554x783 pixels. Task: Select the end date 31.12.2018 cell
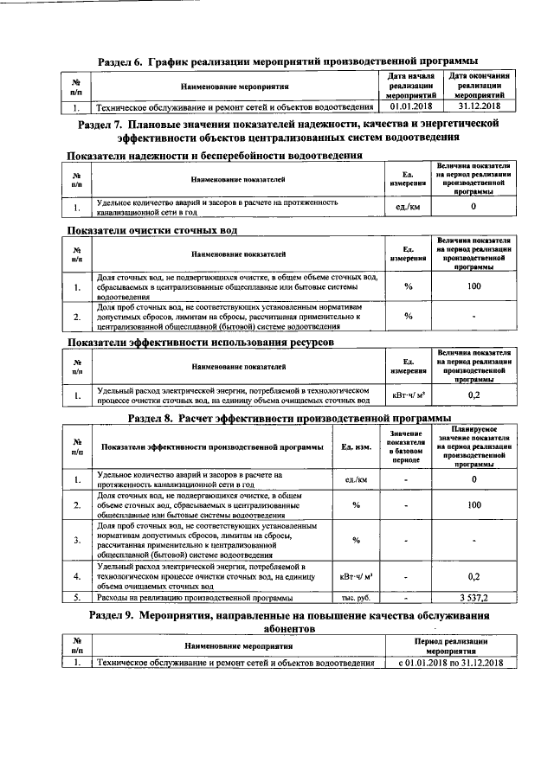tap(480, 106)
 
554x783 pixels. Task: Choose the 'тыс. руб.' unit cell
tap(356, 598)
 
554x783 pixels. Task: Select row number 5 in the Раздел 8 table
tap(77, 598)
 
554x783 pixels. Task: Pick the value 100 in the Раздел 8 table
tap(474, 504)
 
